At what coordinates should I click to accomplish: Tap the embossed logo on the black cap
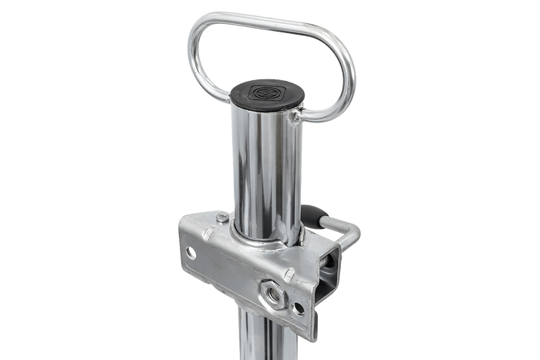point(269,89)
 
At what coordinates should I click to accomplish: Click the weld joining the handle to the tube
point(294,116)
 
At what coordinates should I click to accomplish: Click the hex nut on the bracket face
point(273,291)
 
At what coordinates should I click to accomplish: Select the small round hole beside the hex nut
point(298,308)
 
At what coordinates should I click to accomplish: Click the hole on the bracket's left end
point(190,252)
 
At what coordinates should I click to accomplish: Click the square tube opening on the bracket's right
point(332,270)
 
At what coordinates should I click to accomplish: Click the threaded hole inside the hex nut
point(273,292)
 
